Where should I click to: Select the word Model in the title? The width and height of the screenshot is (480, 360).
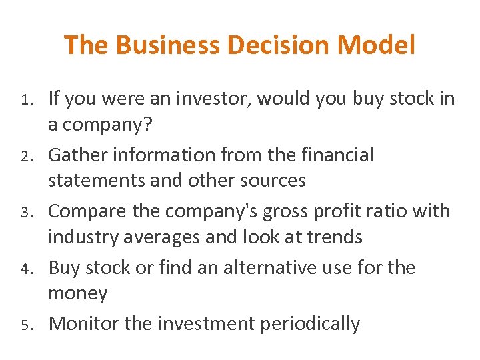376,45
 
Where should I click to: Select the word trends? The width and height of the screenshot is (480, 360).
330,237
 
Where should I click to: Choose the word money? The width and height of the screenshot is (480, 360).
78,294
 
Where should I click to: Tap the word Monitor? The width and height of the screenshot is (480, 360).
84,324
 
